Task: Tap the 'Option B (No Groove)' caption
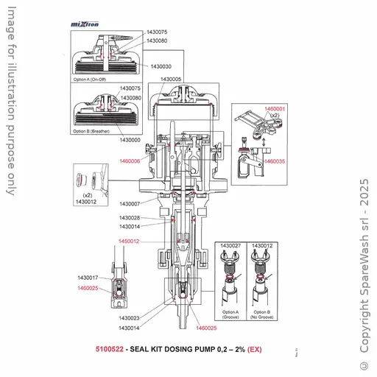click(261, 314)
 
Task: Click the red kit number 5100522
click(109, 349)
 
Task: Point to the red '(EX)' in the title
click(254, 349)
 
